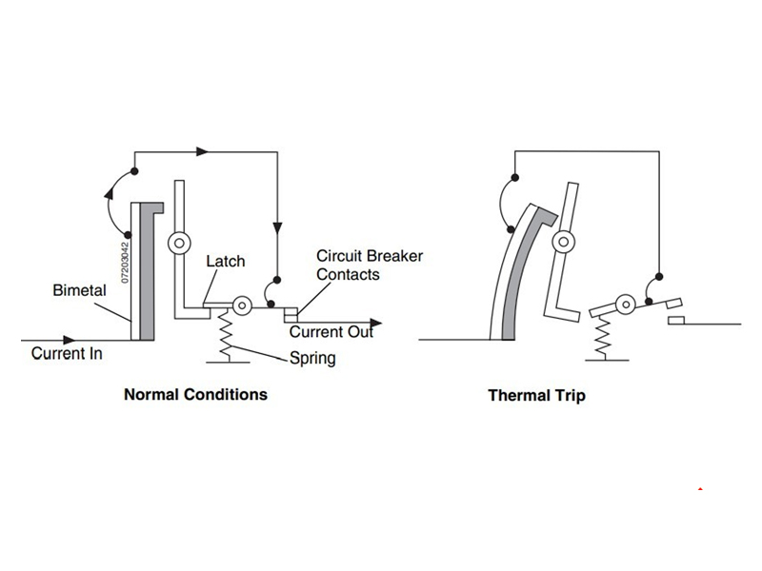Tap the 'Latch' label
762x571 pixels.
tap(226, 261)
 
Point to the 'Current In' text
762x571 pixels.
tap(67, 354)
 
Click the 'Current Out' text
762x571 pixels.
tap(331, 332)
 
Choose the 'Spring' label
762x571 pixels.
tap(312, 359)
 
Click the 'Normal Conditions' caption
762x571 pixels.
tap(195, 394)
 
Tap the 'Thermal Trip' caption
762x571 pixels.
tap(536, 395)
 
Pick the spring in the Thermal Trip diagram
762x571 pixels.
tap(601, 336)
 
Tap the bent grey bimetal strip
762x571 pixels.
tap(520, 276)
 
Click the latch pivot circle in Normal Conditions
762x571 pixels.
tap(177, 244)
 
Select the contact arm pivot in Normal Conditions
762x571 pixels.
tap(242, 305)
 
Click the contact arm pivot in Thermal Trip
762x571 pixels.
tap(626, 305)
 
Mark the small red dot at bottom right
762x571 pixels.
tap(701, 489)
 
